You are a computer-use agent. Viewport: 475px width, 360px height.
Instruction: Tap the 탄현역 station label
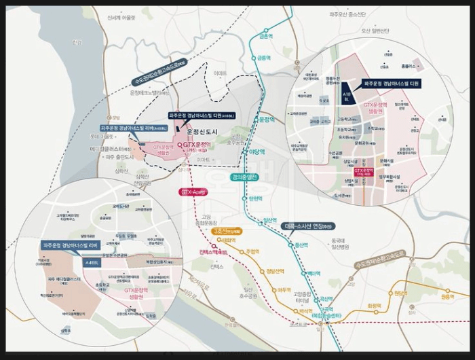(255, 198)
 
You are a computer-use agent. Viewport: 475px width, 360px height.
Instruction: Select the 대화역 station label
(229, 240)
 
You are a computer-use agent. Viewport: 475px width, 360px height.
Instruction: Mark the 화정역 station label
(375, 306)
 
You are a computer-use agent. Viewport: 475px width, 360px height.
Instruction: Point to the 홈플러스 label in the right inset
(407, 67)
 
